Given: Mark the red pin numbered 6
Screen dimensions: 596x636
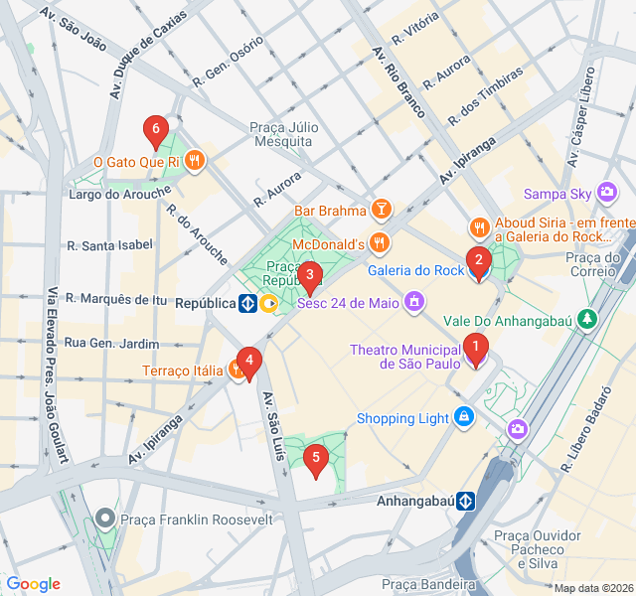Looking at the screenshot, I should pyautogui.click(x=154, y=130).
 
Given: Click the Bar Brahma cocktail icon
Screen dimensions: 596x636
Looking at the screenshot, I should pyautogui.click(x=380, y=210).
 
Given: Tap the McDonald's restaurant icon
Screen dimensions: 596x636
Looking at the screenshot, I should pyautogui.click(x=379, y=241).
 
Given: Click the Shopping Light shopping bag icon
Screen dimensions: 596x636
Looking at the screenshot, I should pyautogui.click(x=463, y=418).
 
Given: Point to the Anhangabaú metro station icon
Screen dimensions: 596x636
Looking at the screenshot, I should pyautogui.click(x=463, y=501).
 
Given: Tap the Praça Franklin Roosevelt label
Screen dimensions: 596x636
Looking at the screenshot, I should pyautogui.click(x=196, y=519).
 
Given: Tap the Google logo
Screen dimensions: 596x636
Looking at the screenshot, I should pyautogui.click(x=33, y=584).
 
